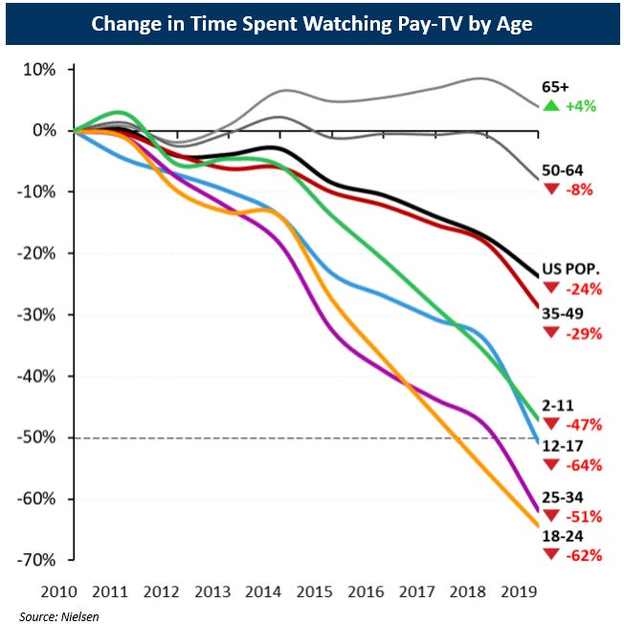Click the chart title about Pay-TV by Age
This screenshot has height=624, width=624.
pyautogui.click(x=311, y=23)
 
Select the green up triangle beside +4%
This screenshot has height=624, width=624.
pyautogui.click(x=550, y=105)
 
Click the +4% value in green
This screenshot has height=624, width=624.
pyautogui.click(x=581, y=106)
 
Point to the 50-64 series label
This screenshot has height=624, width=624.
pyautogui.click(x=562, y=169)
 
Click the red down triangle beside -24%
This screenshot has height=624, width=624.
pyautogui.click(x=550, y=287)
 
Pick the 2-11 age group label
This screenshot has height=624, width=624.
pyautogui.click(x=559, y=405)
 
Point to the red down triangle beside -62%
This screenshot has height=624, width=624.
pyautogui.click(x=550, y=555)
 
